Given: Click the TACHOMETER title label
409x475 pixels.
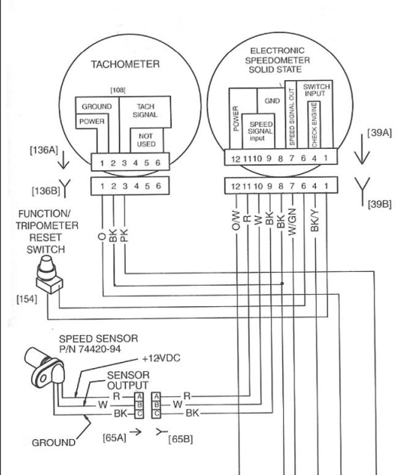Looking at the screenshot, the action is (125, 64).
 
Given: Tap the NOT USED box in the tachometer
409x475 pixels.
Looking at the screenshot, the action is (147, 140).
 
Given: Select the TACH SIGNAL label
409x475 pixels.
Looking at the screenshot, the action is (145, 111).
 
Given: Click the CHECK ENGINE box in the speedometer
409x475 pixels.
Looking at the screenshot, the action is (314, 124).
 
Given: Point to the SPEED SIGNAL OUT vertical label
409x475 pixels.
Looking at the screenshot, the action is (291, 117).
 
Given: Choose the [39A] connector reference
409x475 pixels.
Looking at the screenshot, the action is (379, 133).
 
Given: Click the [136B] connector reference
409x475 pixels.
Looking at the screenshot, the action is (46, 191).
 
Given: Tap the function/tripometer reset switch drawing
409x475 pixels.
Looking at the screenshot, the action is (49, 274).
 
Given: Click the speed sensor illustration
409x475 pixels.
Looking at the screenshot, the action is (44, 367).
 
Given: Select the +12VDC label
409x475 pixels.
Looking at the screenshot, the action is (161, 358).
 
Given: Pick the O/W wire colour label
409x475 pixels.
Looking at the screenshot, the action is (236, 221).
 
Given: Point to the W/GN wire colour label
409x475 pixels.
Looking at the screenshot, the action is (291, 221).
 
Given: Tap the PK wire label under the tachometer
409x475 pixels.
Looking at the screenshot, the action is (124, 235).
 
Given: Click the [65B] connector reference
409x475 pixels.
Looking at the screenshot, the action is (180, 439).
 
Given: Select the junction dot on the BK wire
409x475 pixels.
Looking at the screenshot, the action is (282, 283).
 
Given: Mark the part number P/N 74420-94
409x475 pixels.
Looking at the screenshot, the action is (90, 349).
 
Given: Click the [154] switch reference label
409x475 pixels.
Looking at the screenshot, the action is (27, 299).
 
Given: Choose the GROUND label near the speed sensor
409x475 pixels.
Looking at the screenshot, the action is (53, 443).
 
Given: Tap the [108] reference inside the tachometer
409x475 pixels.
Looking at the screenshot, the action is (118, 90).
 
